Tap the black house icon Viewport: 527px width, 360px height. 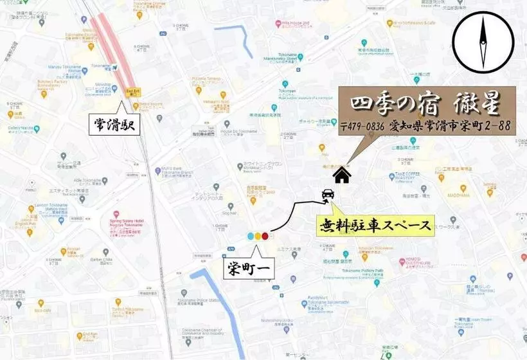(x=341, y=175)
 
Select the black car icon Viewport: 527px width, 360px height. (x=327, y=194)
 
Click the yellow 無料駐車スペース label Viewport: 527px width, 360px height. (x=376, y=225)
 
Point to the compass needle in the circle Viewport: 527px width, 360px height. (x=483, y=42)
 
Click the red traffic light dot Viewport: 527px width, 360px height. (x=265, y=236)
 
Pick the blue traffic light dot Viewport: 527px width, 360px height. (x=251, y=236)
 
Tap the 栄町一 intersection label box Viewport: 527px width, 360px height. (x=249, y=267)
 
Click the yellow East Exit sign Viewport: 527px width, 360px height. (x=133, y=91)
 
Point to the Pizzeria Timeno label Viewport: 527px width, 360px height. (x=206, y=79)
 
